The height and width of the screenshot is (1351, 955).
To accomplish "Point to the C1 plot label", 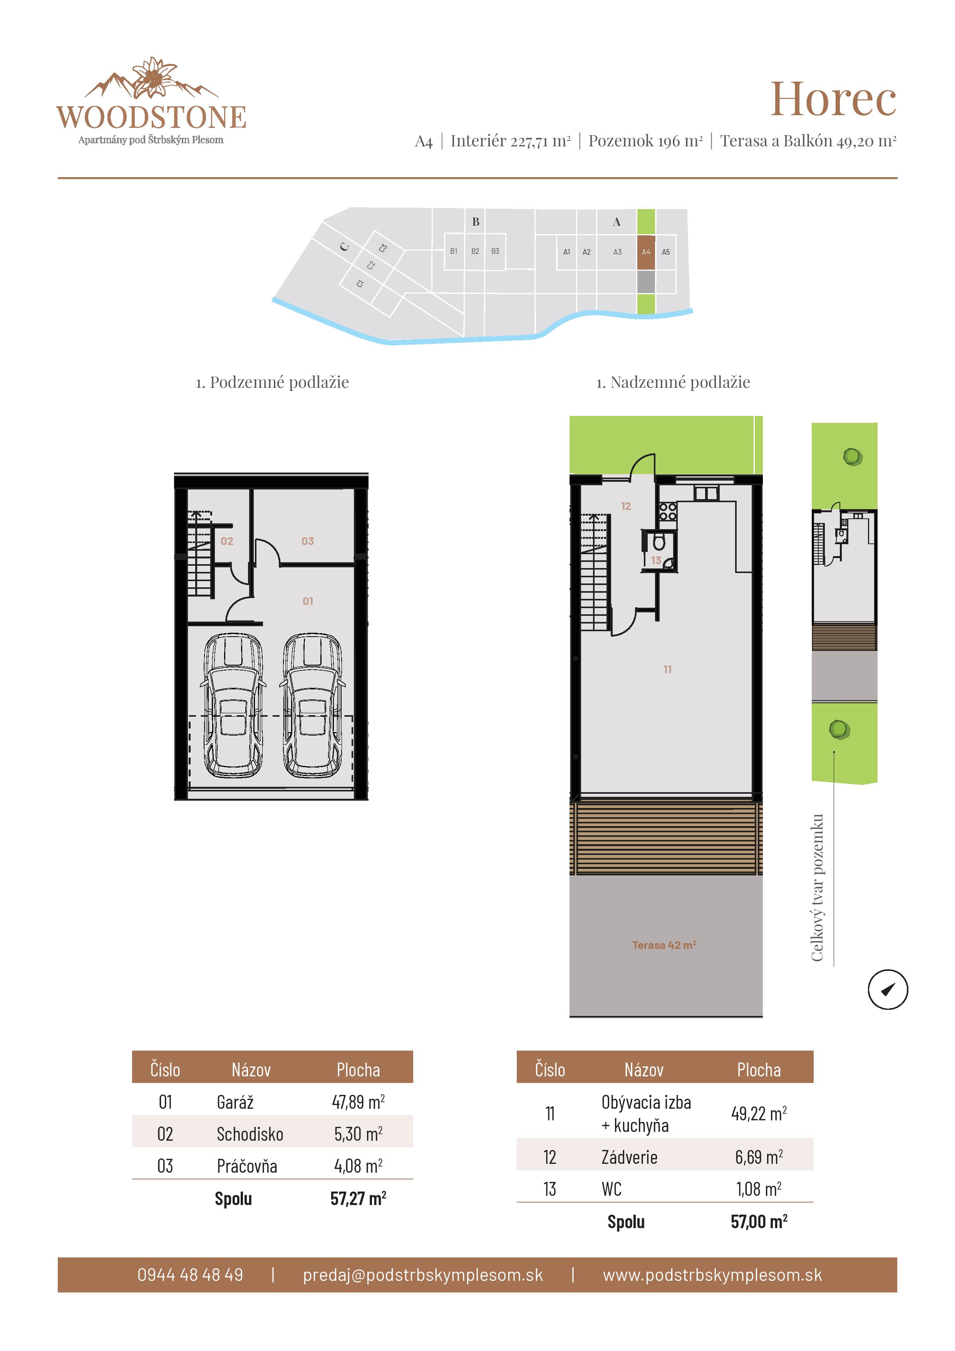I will click(360, 283).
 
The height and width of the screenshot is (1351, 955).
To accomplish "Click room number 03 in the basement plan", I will click(307, 541).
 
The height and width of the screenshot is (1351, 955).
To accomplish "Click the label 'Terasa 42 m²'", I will click(664, 945).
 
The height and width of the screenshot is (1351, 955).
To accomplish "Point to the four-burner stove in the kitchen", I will click(668, 511).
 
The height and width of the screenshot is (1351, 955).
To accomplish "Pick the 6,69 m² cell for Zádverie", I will click(759, 1157).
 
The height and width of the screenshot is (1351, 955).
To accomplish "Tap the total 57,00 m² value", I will click(759, 1222).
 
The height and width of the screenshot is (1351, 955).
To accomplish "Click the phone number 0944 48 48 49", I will click(190, 1274).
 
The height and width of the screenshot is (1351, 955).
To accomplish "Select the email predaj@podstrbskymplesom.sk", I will click(422, 1274).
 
